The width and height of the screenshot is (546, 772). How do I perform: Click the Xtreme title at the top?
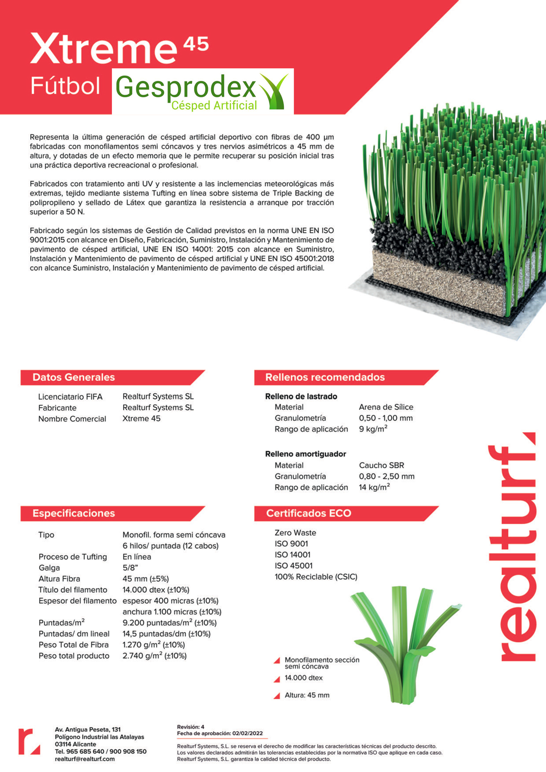coord(104,49)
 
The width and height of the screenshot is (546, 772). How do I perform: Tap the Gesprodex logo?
coord(202,91)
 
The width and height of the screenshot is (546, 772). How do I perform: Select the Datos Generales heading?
coord(74,377)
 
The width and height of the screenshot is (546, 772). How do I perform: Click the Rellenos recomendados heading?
coord(325,377)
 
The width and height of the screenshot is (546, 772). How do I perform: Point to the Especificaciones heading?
coord(74,513)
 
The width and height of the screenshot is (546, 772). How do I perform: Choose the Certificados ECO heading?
coord(308,513)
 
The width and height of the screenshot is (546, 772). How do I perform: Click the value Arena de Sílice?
coord(386,407)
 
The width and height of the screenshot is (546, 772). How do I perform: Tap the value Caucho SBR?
coord(381,465)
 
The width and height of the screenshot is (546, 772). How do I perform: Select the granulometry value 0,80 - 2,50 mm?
coord(386,476)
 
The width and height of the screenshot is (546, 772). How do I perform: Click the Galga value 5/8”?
coord(130,568)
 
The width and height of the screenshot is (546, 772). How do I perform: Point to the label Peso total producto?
coord(74,656)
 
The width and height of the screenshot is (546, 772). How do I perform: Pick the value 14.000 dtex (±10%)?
coord(156,590)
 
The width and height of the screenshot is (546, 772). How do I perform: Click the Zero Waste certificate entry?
coord(295,533)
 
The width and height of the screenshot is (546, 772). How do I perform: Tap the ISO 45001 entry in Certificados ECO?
coord(293,565)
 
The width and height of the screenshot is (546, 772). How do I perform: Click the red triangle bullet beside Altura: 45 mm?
coord(277,696)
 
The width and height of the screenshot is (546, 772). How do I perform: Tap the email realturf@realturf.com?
coord(85,759)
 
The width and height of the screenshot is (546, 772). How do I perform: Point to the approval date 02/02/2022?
coord(248,733)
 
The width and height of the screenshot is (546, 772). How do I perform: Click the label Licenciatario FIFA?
coord(70,397)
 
